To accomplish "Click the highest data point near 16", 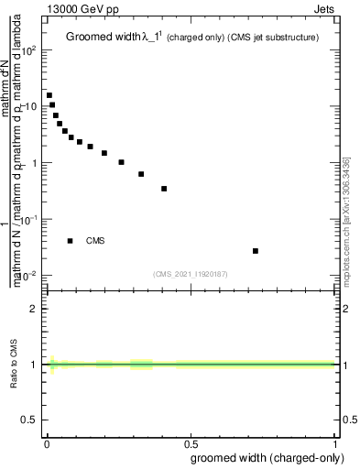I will click(49, 95).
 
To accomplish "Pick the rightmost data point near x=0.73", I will click(256, 250).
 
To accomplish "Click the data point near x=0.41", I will click(164, 189).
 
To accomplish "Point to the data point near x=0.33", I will click(141, 174).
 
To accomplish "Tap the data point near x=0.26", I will click(121, 162).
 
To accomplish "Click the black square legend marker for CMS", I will click(70, 241).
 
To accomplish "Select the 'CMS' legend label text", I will click(95, 241).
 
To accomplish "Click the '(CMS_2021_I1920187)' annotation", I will click(191, 273).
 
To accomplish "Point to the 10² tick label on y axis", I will click(30, 51).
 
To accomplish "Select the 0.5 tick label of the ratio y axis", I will click(30, 420).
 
